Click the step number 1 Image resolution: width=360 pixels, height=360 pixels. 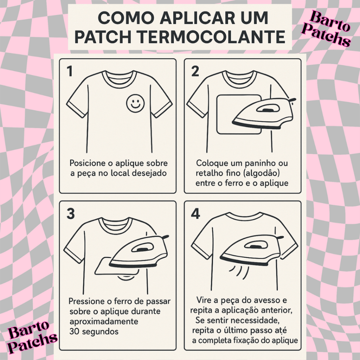coord(70,71)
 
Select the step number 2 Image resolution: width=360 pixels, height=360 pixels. coord(195,71)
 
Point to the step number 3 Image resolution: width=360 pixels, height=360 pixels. coord(71,213)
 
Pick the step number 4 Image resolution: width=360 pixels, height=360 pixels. coord(195,213)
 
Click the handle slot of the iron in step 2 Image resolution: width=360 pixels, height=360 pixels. coord(266,110)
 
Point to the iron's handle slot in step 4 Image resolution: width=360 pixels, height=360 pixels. coord(254,246)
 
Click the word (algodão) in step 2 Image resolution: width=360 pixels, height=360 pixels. coord(261,173)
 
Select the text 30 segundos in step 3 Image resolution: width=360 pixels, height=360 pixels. coord(94,332)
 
